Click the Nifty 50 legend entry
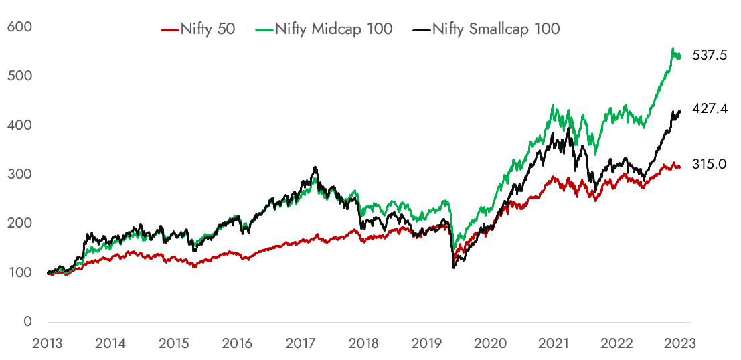198,29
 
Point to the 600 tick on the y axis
20,27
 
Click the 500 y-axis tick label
20,76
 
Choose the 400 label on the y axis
20,125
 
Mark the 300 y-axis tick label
20,175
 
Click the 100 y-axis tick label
20,272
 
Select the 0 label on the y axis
27,321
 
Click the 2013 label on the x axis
48,343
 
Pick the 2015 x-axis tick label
174,343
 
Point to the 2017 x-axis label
301,343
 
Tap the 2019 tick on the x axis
427,343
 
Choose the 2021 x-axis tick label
554,343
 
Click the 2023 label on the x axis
681,343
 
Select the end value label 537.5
710,56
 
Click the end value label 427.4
710,108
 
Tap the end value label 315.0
710,165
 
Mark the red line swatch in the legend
170,29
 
